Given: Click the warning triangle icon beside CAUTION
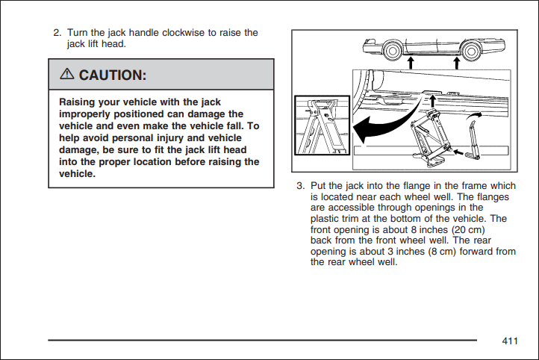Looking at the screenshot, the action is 66,74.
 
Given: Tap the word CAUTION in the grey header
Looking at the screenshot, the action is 113,75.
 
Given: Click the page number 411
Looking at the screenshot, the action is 510,341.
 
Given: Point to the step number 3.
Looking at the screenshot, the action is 300,186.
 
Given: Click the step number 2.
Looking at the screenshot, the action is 57,33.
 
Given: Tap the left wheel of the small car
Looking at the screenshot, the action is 392,51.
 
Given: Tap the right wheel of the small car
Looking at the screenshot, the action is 471,52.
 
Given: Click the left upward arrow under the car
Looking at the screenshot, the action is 411,63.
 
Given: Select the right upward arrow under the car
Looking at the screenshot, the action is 456,63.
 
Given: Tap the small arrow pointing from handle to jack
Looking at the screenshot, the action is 458,152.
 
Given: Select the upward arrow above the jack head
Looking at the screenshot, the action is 432,101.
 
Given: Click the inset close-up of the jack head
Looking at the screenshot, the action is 322,125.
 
